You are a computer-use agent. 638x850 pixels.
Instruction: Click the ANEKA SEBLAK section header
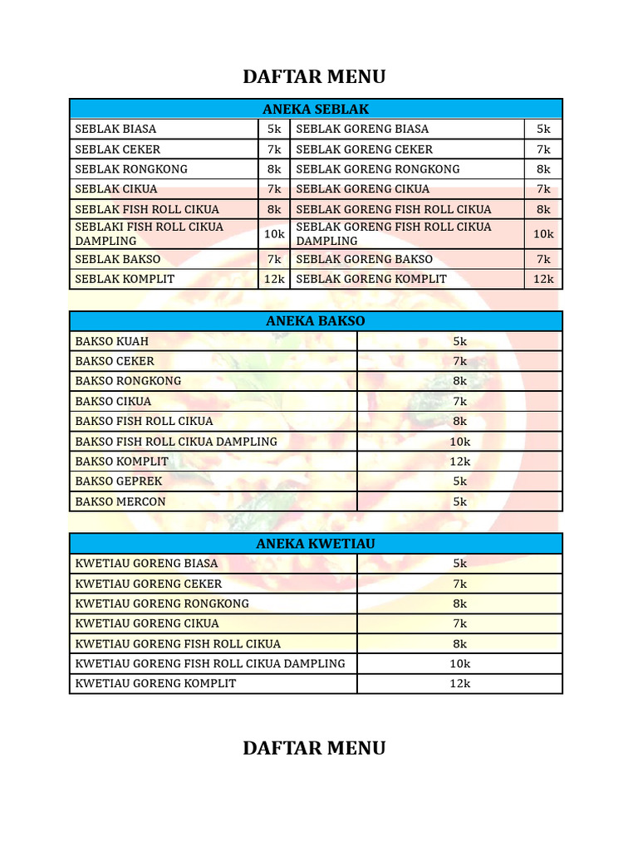tap(316, 109)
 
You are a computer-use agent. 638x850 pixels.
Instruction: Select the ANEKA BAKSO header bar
tap(316, 321)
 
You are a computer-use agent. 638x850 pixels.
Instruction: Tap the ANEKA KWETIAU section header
tap(316, 544)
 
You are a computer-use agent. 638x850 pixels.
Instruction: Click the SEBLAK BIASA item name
tap(115, 129)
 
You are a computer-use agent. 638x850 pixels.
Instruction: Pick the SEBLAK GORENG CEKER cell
tap(364, 149)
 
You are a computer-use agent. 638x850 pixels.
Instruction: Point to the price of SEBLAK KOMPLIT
tap(274, 279)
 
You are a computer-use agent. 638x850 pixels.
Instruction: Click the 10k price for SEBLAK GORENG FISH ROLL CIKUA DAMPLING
tap(543, 234)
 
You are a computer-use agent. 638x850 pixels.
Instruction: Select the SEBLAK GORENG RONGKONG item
tap(377, 169)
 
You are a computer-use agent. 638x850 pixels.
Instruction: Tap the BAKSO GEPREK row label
tap(119, 481)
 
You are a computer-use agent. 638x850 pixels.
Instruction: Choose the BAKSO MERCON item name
tap(120, 501)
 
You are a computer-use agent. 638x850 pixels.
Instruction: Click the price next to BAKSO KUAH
tap(460, 341)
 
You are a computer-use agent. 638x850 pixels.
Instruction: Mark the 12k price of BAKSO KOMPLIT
tap(460, 462)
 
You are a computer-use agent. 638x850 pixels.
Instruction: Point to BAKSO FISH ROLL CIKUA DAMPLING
tap(176, 442)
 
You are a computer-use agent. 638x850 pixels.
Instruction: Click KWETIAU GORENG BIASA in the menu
tap(146, 563)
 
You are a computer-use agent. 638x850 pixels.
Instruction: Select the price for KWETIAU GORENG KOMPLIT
tap(460, 683)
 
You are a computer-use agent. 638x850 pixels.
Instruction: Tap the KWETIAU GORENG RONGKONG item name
tap(162, 603)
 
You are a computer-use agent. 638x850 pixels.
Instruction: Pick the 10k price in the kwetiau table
tap(460, 663)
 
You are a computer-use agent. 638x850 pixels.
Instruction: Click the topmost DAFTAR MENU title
tap(314, 77)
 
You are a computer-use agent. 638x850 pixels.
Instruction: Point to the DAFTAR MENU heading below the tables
tap(314, 748)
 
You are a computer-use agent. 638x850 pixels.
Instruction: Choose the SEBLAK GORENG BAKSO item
tap(364, 259)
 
